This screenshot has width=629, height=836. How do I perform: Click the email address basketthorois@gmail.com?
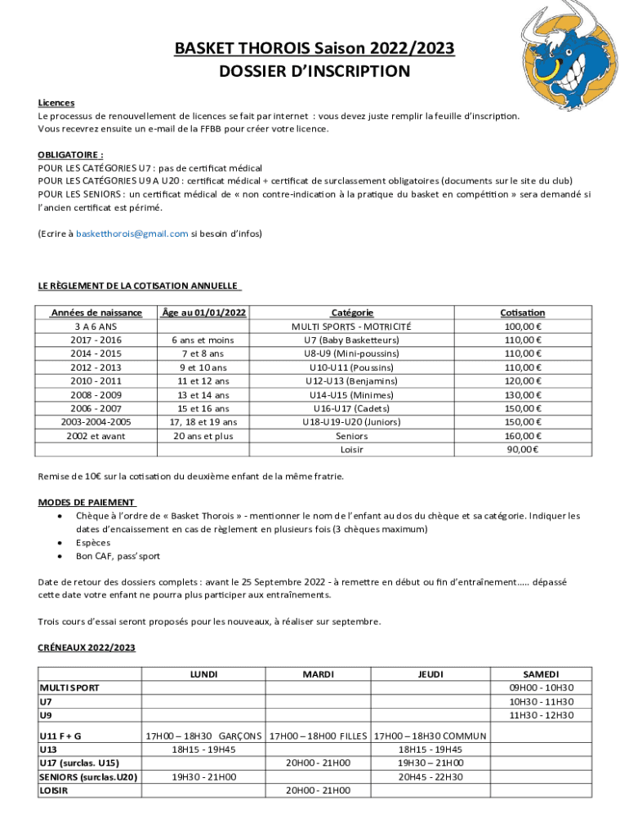point(132,233)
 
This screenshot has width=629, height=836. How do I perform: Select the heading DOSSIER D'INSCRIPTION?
point(314,72)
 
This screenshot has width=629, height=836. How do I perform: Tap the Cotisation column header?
point(522,313)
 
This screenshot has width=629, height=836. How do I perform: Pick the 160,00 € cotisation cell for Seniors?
point(522,436)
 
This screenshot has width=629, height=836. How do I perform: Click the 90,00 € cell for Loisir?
point(522,450)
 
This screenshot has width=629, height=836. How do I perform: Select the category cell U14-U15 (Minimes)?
point(351,395)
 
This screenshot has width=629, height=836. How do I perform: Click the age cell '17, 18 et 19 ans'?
point(203,422)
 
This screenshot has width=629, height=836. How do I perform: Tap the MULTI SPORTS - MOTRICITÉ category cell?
point(351,327)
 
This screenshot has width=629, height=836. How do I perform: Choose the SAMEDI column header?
point(541,674)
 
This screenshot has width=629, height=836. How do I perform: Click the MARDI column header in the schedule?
point(318,674)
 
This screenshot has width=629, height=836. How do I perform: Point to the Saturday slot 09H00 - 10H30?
point(541,687)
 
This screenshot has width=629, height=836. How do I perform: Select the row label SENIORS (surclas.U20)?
point(88,777)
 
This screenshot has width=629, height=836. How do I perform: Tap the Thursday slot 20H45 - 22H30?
point(430,777)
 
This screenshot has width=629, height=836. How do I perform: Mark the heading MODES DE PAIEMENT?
point(87,502)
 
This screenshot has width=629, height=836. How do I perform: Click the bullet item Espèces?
point(93,542)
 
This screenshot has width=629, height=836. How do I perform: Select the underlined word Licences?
point(56,103)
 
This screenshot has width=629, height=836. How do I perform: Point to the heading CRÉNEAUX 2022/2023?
point(87,647)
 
